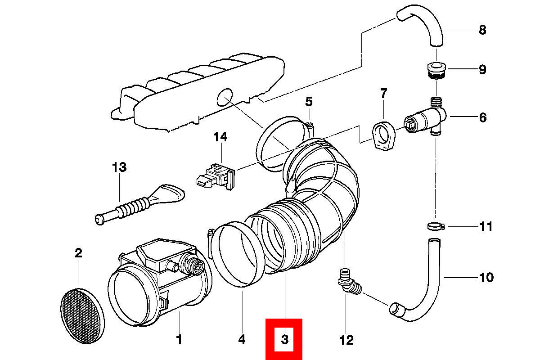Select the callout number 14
pos(220,137)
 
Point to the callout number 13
pos(119,167)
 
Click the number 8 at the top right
pos(482,30)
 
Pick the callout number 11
pos(486,226)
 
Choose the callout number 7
pos(383,94)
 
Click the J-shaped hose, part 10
pos(427,288)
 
